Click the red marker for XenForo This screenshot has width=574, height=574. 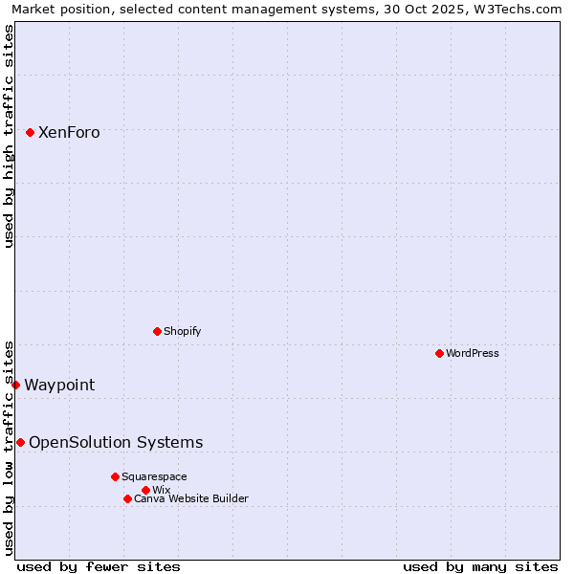click(30, 132)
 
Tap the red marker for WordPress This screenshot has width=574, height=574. click(439, 353)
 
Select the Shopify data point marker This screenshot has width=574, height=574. click(157, 331)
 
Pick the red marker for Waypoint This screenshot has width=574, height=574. click(15, 385)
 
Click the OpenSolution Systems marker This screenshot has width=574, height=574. click(20, 442)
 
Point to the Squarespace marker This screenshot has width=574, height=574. click(115, 476)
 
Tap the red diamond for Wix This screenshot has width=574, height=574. click(145, 490)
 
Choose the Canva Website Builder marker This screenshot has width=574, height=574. click(127, 498)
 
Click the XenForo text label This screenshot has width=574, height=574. click(69, 133)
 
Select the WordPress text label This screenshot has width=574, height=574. click(473, 353)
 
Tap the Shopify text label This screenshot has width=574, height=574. click(182, 331)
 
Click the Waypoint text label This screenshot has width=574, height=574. click(59, 386)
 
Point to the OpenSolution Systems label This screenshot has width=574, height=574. click(116, 442)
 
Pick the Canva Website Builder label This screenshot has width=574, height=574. click(191, 498)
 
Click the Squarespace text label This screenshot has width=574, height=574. click(154, 476)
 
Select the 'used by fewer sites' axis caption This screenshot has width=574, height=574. click(99, 566)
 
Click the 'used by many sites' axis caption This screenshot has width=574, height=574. click(480, 566)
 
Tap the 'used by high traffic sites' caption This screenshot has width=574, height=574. click(10, 136)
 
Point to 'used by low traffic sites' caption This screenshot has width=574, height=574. click(10, 447)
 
